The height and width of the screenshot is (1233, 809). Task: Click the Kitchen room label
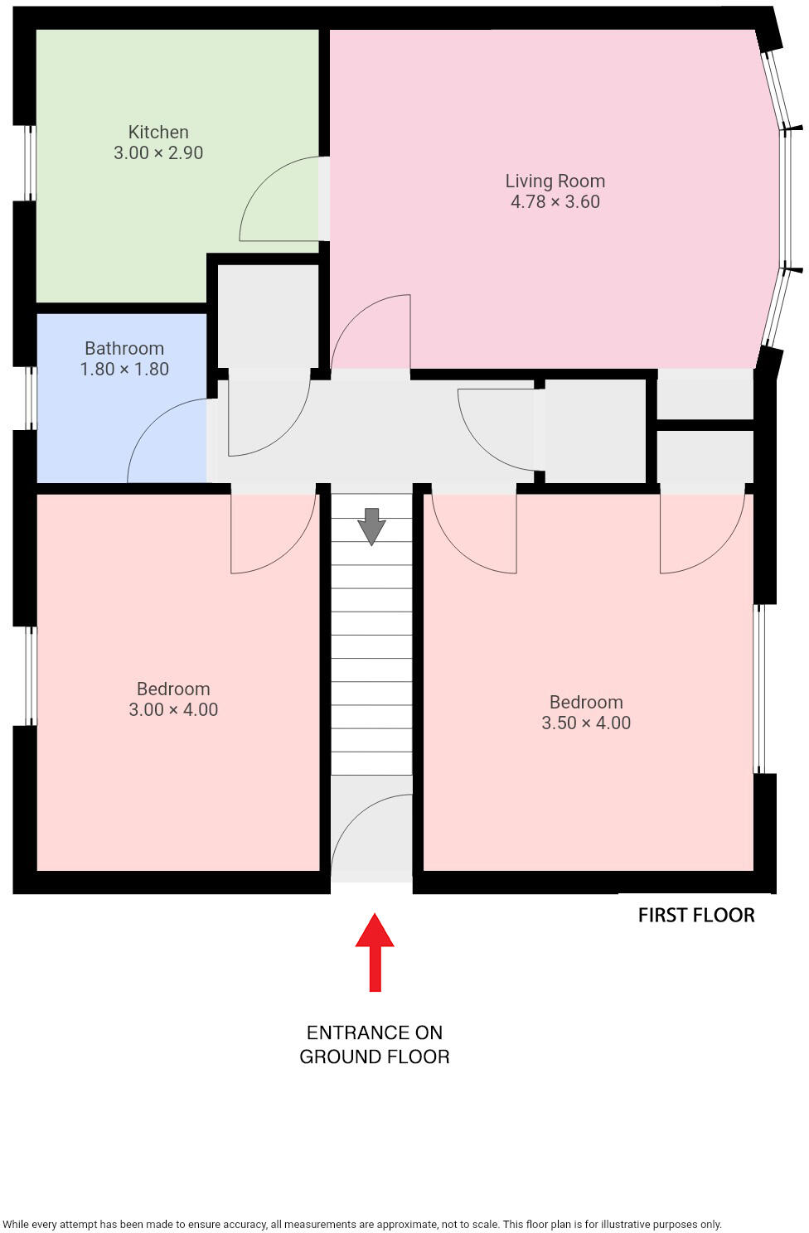click(x=158, y=132)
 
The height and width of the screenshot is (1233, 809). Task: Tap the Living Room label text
click(x=555, y=181)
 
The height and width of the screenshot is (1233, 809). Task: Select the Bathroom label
click(x=124, y=348)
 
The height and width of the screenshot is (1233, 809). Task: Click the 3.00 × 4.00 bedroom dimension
click(x=173, y=709)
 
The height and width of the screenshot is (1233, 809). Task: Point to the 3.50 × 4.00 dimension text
click(x=586, y=723)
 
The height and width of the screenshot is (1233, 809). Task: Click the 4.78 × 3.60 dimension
click(x=555, y=201)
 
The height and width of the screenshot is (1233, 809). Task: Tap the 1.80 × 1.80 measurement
click(x=124, y=369)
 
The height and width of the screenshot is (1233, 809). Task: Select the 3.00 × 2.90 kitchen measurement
click(x=158, y=152)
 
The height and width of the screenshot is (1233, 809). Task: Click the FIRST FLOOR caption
click(x=696, y=915)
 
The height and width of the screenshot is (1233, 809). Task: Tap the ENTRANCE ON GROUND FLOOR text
click(x=375, y=1044)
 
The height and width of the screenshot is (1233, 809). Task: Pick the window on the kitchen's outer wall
click(x=30, y=162)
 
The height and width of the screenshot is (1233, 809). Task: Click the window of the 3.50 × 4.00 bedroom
click(x=759, y=689)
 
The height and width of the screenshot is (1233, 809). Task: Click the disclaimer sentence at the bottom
click(x=362, y=1224)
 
